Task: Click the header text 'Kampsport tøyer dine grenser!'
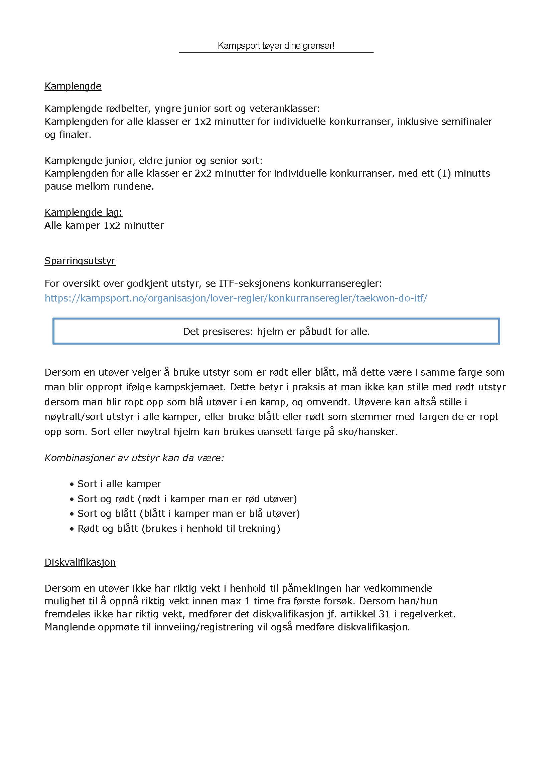[x=276, y=46]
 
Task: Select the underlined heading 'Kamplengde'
[x=73, y=86]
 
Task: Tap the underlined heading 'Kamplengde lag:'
[x=84, y=212]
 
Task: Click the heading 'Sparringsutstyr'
[x=80, y=261]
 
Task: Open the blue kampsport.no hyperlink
[x=236, y=298]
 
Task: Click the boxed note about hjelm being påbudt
[x=276, y=332]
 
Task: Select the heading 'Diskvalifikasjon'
[x=80, y=562]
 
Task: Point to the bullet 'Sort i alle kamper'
[x=119, y=484]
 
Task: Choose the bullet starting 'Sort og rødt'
[x=187, y=499]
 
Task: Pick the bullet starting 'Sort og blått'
[x=188, y=514]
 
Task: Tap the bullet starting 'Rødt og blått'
[x=178, y=529]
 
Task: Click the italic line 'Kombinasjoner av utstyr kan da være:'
[x=134, y=458]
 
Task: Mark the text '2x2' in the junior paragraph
[x=203, y=174]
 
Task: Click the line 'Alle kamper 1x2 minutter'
[x=104, y=225]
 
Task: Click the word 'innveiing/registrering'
[x=203, y=627]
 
